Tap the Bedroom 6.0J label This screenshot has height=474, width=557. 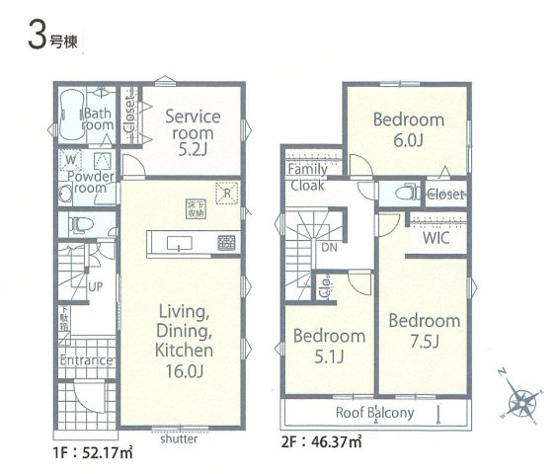point(408,129)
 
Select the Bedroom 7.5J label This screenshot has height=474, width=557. point(424,330)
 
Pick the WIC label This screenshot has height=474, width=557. point(437,239)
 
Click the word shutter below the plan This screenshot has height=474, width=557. point(178,438)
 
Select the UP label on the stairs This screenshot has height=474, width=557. point(95,286)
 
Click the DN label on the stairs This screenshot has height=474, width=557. point(330,248)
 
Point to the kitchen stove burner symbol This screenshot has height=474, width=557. point(226,242)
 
